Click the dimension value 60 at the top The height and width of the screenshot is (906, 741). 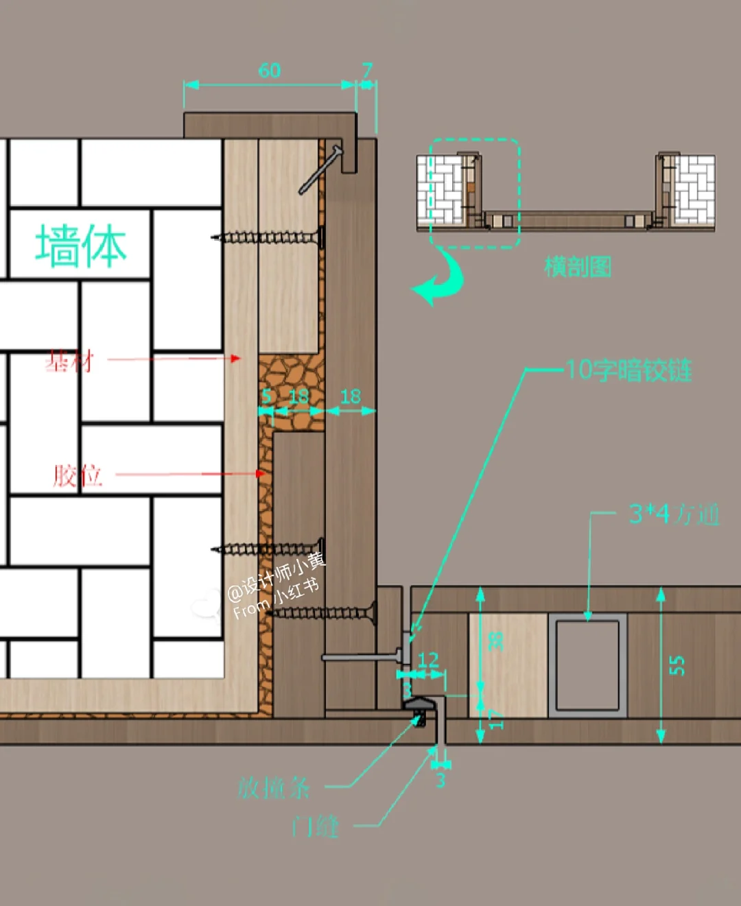(270, 70)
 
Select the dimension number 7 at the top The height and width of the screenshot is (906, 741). (368, 69)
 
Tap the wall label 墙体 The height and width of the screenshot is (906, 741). (81, 246)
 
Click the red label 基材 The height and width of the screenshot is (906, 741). (69, 361)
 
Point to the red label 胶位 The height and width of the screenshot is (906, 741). (78, 475)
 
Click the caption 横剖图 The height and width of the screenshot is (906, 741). (577, 266)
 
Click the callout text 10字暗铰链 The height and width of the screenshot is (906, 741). (628, 370)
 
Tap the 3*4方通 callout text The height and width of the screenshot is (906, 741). (674, 514)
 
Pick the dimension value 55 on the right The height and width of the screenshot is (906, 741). (677, 665)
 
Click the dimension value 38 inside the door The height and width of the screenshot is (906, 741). (495, 641)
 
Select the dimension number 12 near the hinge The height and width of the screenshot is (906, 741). (428, 660)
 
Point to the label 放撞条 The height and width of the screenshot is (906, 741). (274, 787)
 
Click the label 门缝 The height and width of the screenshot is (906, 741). (315, 826)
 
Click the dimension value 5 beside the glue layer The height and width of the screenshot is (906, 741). (267, 396)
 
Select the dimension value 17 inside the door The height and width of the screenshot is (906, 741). (496, 718)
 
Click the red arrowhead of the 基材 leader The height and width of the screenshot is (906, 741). (236, 358)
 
